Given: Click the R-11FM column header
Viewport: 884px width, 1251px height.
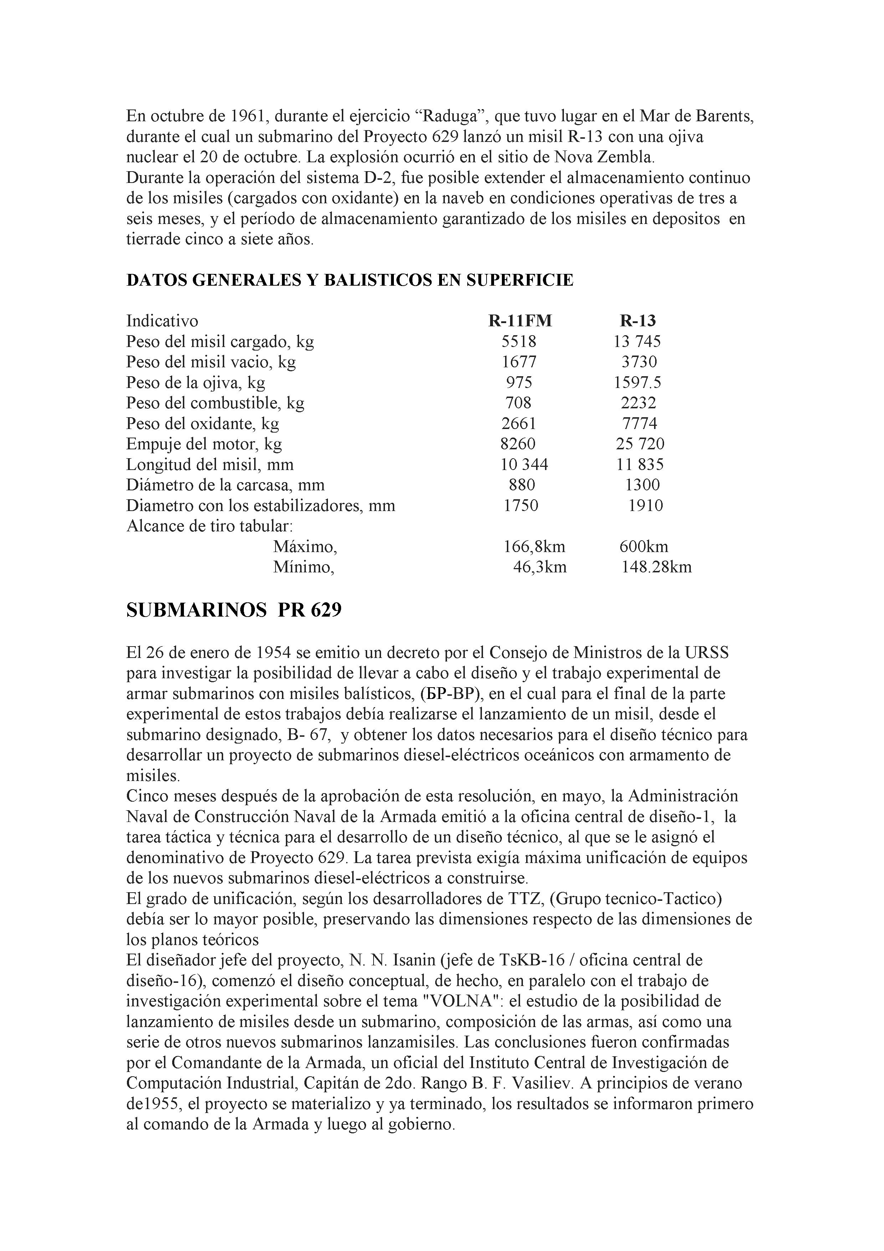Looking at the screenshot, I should [x=520, y=321].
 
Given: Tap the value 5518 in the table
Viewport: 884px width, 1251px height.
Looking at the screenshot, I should [x=519, y=342].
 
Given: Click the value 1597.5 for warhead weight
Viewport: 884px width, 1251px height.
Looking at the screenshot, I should [x=637, y=383].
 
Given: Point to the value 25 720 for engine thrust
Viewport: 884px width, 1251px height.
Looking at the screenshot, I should [x=640, y=444].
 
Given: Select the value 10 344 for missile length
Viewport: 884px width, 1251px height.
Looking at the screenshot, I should [x=524, y=465].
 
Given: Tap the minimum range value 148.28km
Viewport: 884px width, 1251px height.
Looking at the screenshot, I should [x=656, y=567].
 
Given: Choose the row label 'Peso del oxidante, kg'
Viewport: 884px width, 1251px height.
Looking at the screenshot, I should [x=202, y=423].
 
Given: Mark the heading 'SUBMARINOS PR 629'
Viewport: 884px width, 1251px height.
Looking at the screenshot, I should [x=234, y=610].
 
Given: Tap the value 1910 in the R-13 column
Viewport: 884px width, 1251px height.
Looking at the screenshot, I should [x=646, y=506].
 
